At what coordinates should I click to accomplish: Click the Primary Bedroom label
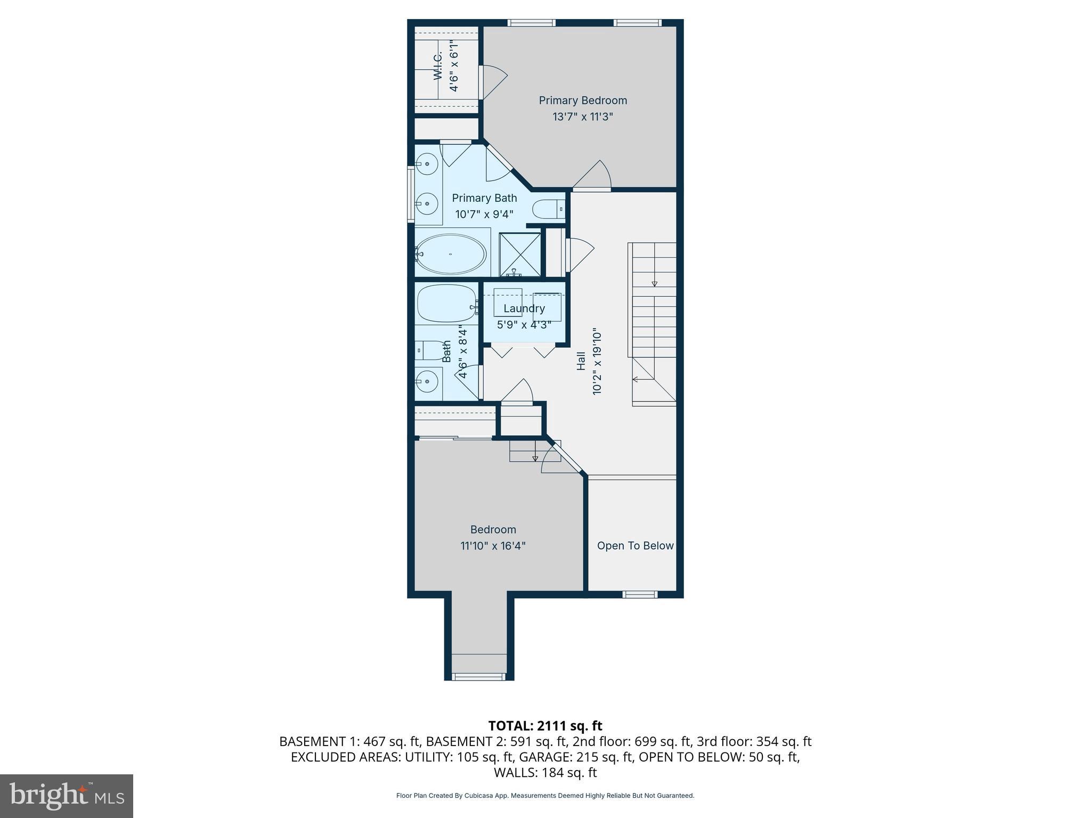tap(582, 100)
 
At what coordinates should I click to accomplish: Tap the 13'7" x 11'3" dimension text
tap(582, 117)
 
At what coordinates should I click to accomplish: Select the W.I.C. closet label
tap(438, 67)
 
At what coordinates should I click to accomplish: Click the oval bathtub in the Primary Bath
tap(450, 254)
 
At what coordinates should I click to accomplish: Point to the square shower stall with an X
tap(519, 255)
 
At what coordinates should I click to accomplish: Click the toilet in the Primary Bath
tap(548, 209)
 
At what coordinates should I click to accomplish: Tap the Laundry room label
tap(524, 308)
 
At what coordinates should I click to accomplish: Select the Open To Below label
tap(635, 545)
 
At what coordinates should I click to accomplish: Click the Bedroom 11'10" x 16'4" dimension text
tap(493, 546)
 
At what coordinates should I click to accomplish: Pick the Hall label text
tap(581, 361)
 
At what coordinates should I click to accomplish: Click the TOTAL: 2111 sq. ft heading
tap(545, 725)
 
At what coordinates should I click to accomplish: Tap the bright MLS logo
tap(67, 796)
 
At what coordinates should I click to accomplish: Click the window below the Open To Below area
tap(640, 594)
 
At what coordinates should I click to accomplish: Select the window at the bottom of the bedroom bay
tap(478, 676)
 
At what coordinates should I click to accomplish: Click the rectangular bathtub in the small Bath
tap(446, 303)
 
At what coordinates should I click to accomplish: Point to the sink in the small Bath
tap(427, 381)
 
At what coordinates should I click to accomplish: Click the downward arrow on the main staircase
tap(655, 284)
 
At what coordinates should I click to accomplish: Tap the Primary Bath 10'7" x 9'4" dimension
tap(484, 215)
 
